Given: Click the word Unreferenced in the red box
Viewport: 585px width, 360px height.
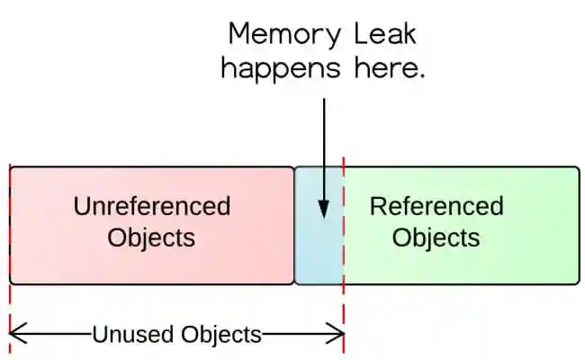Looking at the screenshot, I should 151,206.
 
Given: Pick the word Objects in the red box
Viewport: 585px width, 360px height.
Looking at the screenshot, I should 151,238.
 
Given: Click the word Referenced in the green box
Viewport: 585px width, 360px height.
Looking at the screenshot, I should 436,206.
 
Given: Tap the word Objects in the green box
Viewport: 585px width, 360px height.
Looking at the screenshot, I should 436,238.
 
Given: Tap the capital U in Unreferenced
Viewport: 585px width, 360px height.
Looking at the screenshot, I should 82,206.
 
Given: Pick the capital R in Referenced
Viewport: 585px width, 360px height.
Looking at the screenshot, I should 378,206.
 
